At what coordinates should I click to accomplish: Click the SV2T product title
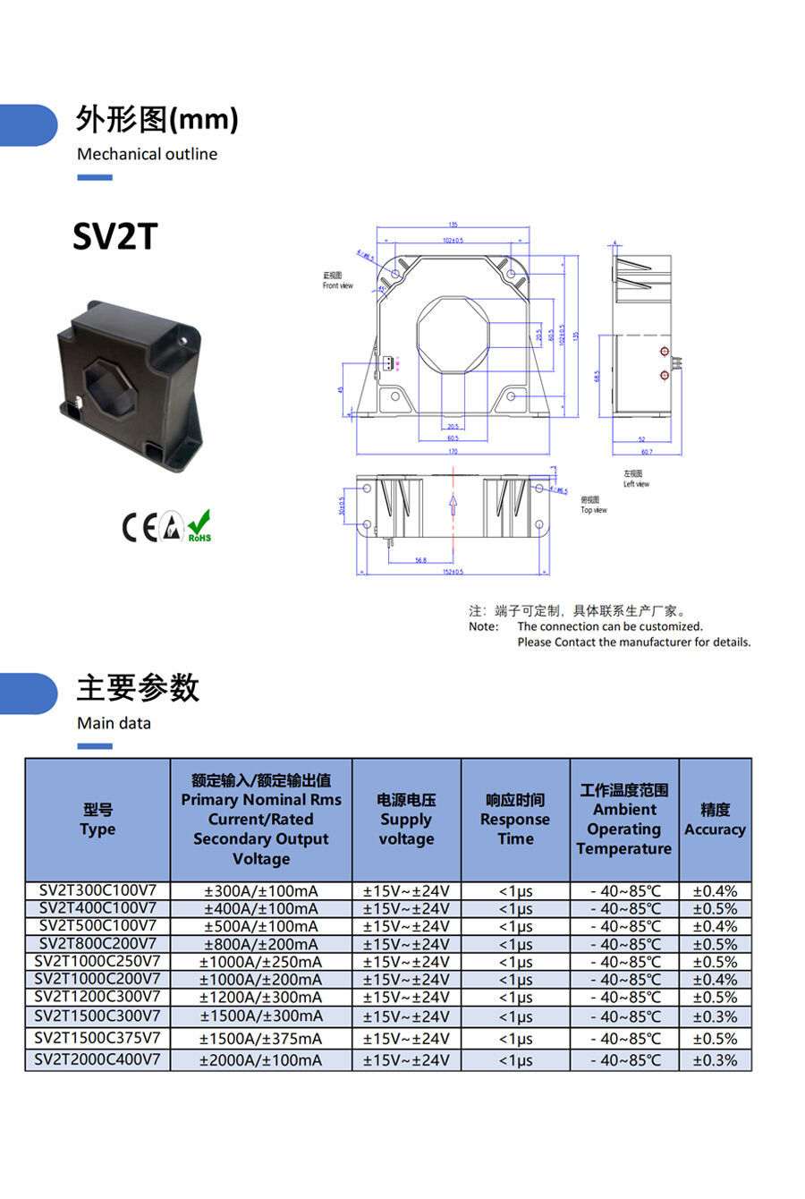115,237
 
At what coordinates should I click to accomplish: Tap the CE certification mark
139,528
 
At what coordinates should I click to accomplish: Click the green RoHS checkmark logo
199,526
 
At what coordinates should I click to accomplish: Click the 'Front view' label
337,286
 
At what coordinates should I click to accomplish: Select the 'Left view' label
636,484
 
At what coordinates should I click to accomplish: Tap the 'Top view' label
593,510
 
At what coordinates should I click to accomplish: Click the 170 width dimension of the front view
453,452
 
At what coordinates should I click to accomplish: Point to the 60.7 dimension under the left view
646,452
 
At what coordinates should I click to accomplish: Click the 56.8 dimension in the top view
420,560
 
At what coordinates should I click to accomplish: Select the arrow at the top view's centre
453,506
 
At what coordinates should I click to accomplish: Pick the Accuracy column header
715,820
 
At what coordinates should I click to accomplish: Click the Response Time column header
515,820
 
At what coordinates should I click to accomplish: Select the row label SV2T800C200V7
97,943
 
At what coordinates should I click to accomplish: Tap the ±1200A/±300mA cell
260,997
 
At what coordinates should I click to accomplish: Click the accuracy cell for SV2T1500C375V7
715,1039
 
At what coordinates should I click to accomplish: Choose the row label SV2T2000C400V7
97,1059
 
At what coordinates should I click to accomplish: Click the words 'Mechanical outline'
147,154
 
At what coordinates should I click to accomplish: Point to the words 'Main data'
114,723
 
